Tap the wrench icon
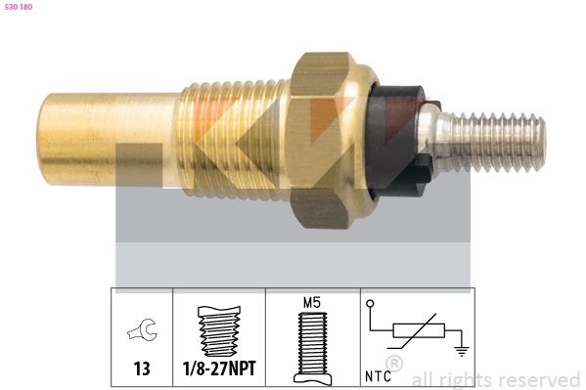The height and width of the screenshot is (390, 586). click(x=141, y=331)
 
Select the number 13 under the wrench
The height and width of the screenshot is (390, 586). click(x=141, y=370)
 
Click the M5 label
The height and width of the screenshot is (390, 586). click(x=312, y=302)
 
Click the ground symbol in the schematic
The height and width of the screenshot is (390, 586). click(x=461, y=351)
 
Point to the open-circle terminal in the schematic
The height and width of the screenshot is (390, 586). click(x=371, y=305)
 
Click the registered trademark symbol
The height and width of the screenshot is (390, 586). click(x=394, y=365)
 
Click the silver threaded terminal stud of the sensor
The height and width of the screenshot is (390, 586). click(x=499, y=143)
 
